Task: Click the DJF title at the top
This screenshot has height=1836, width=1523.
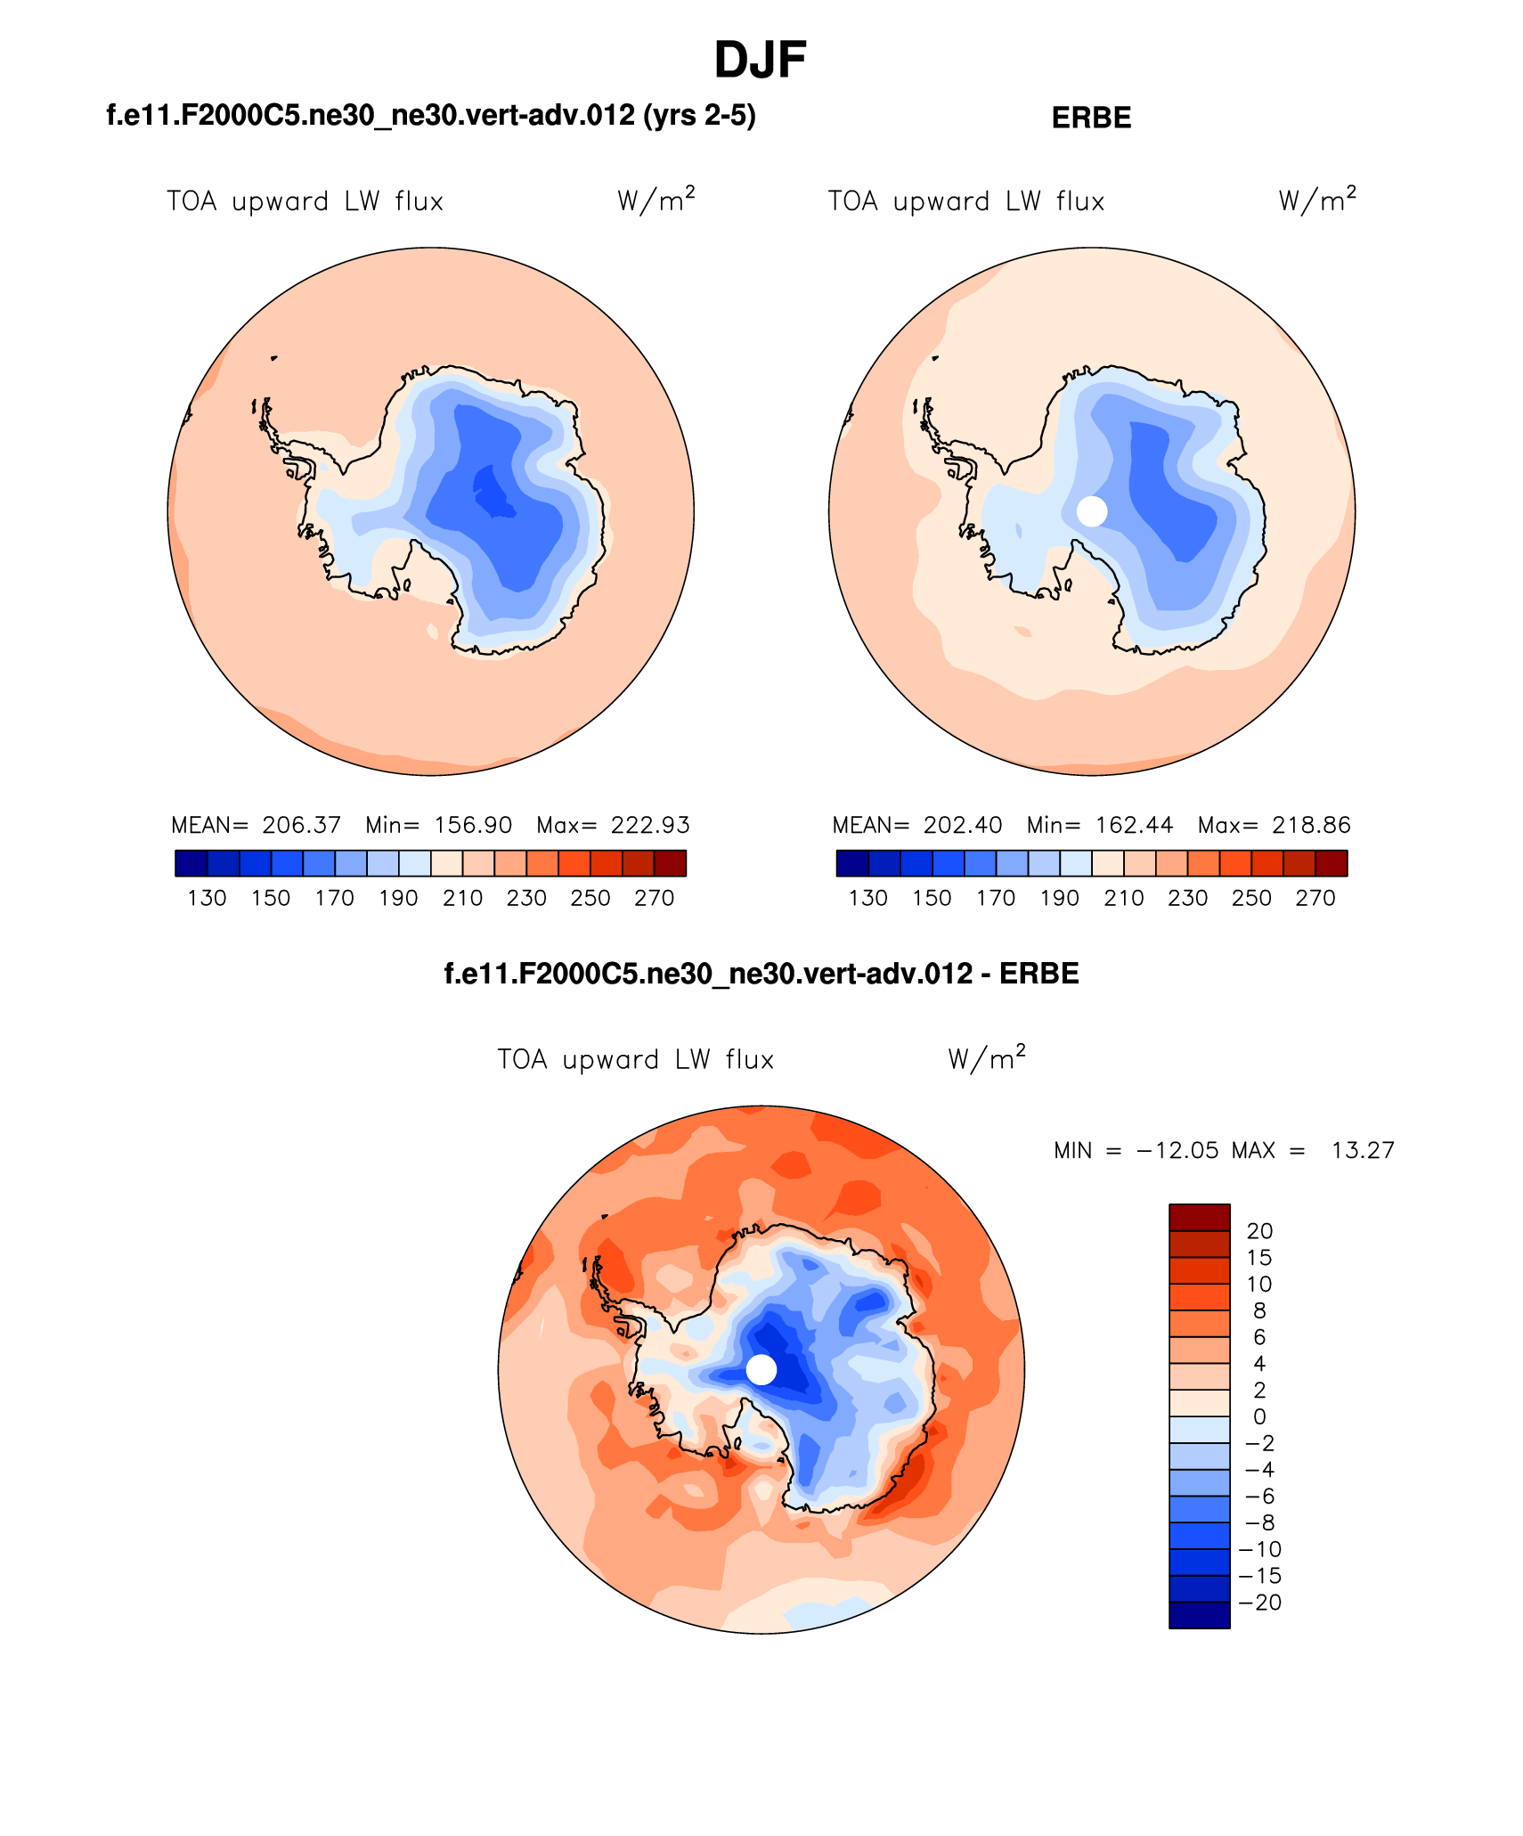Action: point(760,61)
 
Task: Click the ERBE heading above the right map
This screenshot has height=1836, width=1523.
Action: point(1091,118)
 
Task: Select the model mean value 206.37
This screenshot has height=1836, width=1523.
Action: point(301,825)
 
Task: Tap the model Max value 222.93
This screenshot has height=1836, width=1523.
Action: point(650,825)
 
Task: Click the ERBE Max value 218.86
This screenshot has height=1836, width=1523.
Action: point(1311,825)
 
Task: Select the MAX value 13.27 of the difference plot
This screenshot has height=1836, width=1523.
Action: point(1362,1150)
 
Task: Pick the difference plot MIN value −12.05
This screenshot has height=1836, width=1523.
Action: point(1177,1150)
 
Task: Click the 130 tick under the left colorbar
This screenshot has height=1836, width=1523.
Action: point(207,898)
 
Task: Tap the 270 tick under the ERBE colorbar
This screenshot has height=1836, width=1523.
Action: point(1315,898)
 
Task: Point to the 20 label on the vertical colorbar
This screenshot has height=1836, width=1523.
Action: point(1259,1231)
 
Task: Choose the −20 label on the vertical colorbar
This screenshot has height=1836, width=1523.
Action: point(1259,1603)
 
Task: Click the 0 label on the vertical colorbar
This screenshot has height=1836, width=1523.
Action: point(1259,1416)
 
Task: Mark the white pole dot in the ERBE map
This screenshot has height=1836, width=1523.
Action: point(1092,511)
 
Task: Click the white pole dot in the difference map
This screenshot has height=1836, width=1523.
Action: point(761,1369)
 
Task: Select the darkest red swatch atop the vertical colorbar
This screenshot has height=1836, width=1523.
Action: point(1199,1217)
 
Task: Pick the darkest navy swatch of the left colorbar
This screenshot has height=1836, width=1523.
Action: point(191,863)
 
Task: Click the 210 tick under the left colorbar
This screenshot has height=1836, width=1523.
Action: point(462,898)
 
